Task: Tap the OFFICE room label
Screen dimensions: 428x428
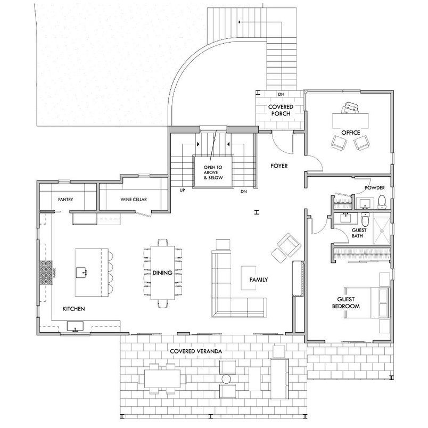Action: (351, 132)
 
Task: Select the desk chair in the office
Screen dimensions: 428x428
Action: (350, 108)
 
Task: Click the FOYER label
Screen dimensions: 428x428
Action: (278, 166)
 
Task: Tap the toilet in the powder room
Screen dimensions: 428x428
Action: (382, 201)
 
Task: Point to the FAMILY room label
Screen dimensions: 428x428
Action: (258, 279)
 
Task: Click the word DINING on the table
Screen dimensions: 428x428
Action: (162, 273)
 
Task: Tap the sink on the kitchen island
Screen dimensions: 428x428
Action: (84, 273)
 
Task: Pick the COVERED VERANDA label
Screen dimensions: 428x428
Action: (196, 351)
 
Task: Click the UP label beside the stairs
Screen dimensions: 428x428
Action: (182, 191)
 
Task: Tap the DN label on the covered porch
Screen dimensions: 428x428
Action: (281, 95)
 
